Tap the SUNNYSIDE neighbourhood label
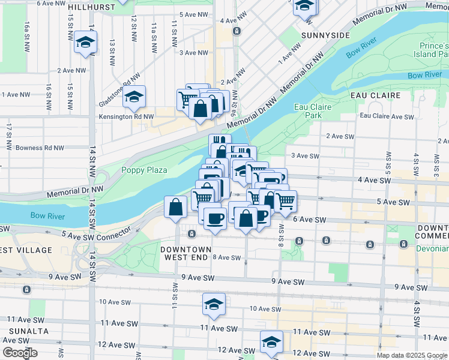tap(325, 35)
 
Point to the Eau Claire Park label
tap(309, 110)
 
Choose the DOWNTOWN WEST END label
tap(185, 253)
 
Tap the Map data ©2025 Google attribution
tap(412, 355)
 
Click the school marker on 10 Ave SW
tap(214, 303)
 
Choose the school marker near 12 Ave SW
tap(271, 341)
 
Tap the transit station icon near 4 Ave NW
tap(238, 31)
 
